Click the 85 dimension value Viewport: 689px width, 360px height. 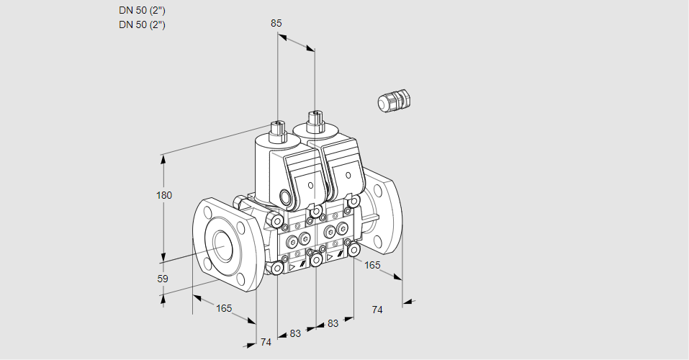(x=276, y=23)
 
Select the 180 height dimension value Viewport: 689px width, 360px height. (x=164, y=195)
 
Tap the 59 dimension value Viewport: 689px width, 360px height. (x=163, y=279)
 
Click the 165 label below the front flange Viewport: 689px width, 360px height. (x=224, y=308)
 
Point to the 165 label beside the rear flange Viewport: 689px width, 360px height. (x=372, y=265)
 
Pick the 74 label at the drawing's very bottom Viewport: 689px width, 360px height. (x=266, y=342)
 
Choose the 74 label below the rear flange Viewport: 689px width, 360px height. (x=377, y=310)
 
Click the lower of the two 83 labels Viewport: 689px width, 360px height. (x=295, y=333)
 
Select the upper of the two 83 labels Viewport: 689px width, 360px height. (x=333, y=323)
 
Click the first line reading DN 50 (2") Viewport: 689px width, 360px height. (x=142, y=11)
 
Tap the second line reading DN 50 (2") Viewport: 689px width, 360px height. (x=142, y=24)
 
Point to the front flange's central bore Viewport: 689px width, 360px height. (x=225, y=244)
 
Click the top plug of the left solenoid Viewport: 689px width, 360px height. (x=278, y=131)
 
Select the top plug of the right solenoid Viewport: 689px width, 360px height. (x=315, y=121)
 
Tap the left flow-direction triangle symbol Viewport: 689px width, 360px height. (x=292, y=267)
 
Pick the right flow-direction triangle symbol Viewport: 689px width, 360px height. (x=330, y=257)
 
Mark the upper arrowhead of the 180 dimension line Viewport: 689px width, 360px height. (x=164, y=160)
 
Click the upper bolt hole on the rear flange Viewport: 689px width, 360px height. (x=378, y=190)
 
